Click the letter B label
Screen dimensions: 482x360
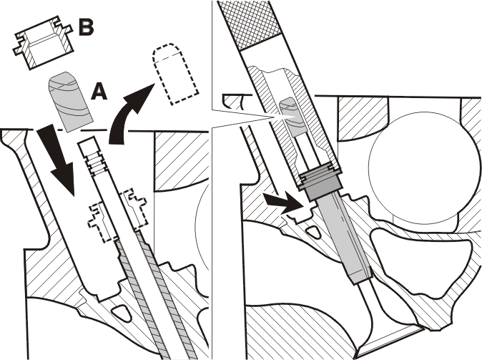pyautogui.click(x=86, y=27)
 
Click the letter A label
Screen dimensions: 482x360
pyautogui.click(x=99, y=92)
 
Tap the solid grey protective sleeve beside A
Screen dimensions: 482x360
pyautogui.click(x=70, y=100)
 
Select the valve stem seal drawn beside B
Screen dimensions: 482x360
pyautogui.click(x=43, y=42)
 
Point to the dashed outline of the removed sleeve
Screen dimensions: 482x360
pyautogui.click(x=175, y=73)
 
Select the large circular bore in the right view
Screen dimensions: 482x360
pyautogui.click(x=423, y=165)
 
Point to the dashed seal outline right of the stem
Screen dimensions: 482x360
pyautogui.click(x=134, y=209)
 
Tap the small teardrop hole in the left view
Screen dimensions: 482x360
pyautogui.click(x=121, y=313)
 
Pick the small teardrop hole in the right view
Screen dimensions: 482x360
pyautogui.click(x=313, y=231)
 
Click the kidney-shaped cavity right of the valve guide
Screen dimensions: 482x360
pyautogui.click(x=421, y=261)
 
